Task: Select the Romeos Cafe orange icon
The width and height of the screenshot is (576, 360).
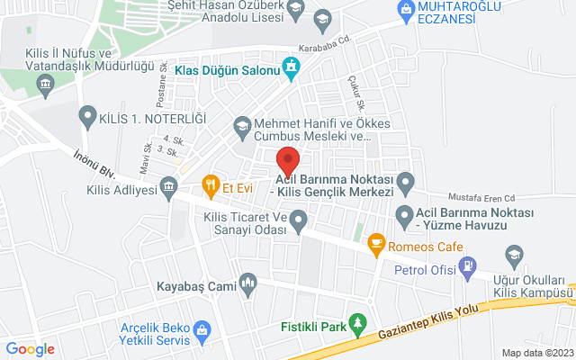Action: (x=376, y=242)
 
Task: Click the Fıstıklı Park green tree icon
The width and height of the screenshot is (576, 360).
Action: (x=358, y=322)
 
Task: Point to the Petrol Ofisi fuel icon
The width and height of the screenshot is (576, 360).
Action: (x=467, y=265)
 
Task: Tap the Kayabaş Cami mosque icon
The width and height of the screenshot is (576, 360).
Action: (x=248, y=286)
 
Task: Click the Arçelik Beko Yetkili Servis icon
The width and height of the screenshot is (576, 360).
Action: (x=203, y=334)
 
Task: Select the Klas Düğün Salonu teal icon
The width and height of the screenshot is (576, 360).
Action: (x=291, y=67)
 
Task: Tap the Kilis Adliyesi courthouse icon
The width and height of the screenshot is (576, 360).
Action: (x=168, y=188)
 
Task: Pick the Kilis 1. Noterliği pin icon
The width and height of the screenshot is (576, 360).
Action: (x=87, y=116)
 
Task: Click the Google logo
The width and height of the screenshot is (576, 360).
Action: (x=30, y=348)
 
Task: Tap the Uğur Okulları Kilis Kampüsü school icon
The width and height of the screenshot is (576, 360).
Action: (x=514, y=256)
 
